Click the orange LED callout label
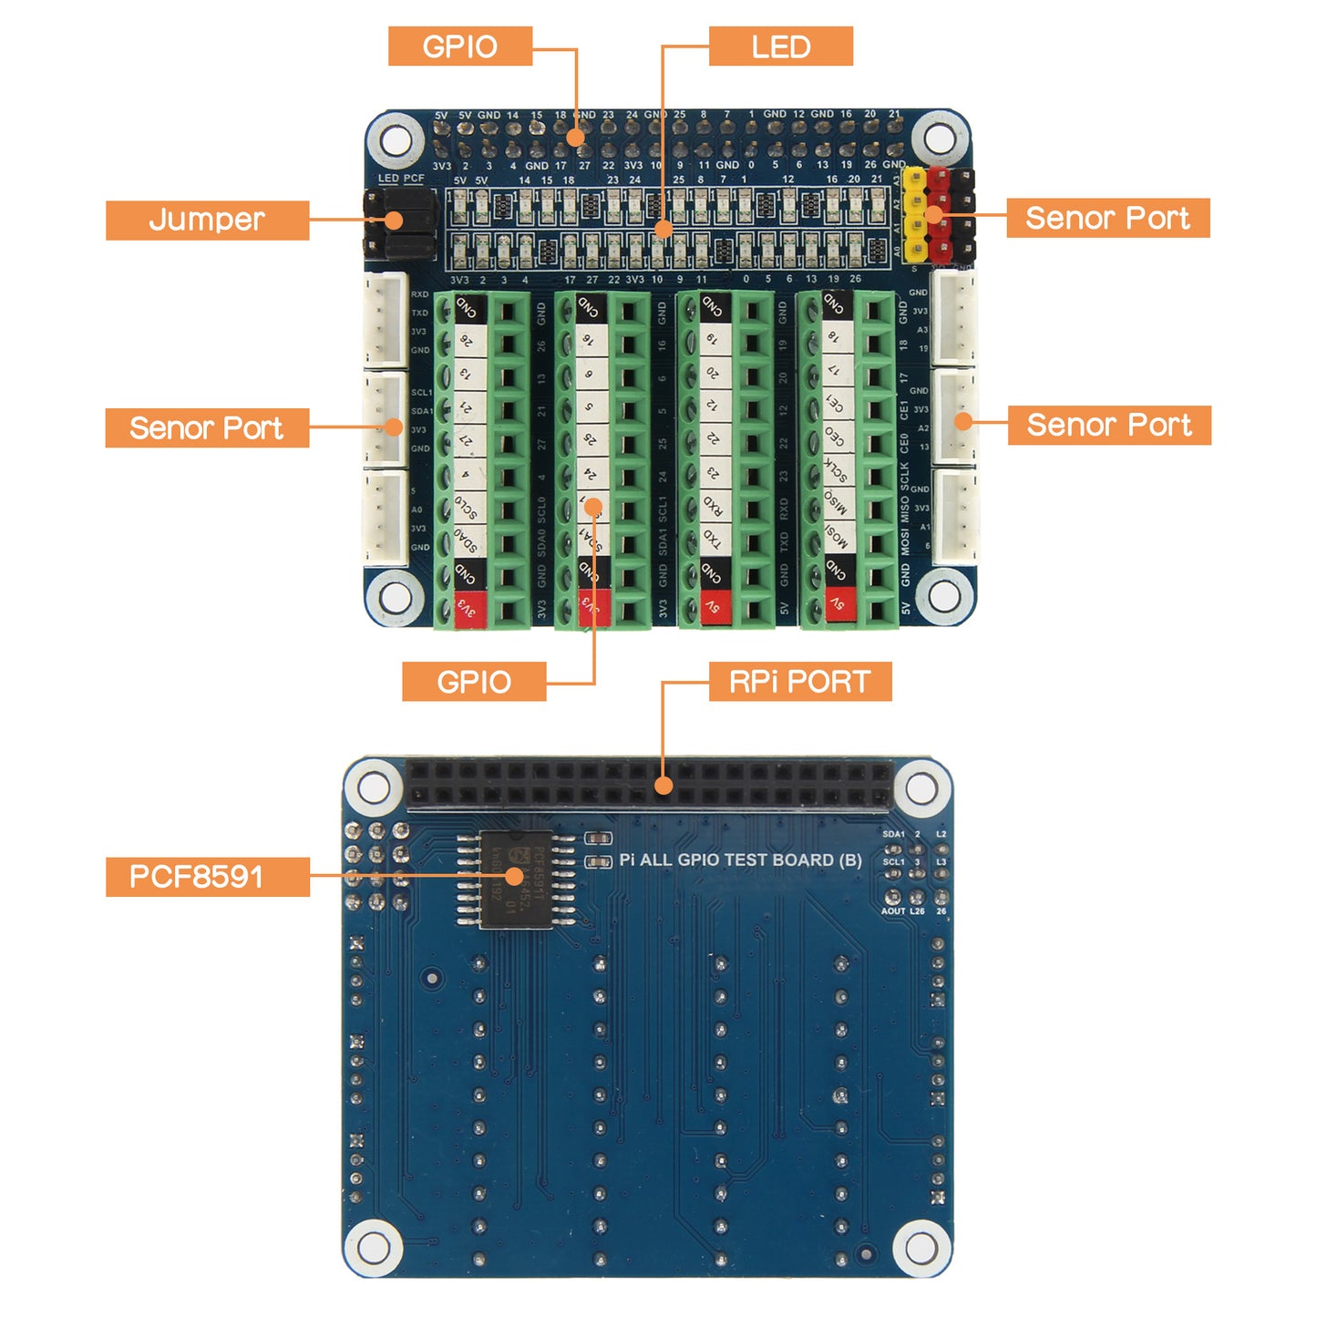click(x=780, y=46)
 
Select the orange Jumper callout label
click(x=207, y=220)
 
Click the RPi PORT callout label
click(x=799, y=682)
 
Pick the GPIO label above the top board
click(x=459, y=46)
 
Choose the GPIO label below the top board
click(x=474, y=682)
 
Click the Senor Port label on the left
click(x=207, y=427)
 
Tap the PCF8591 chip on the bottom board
click(x=515, y=879)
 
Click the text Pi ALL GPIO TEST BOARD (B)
click(x=740, y=859)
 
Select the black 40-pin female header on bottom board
click(x=649, y=785)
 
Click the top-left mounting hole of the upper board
click(x=396, y=141)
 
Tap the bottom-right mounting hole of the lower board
click(x=921, y=1247)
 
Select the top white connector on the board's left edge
click(x=387, y=320)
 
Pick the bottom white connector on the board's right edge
click(x=955, y=518)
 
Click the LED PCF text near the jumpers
click(x=401, y=179)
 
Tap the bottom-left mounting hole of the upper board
click(x=396, y=596)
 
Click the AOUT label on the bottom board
click(x=892, y=911)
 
